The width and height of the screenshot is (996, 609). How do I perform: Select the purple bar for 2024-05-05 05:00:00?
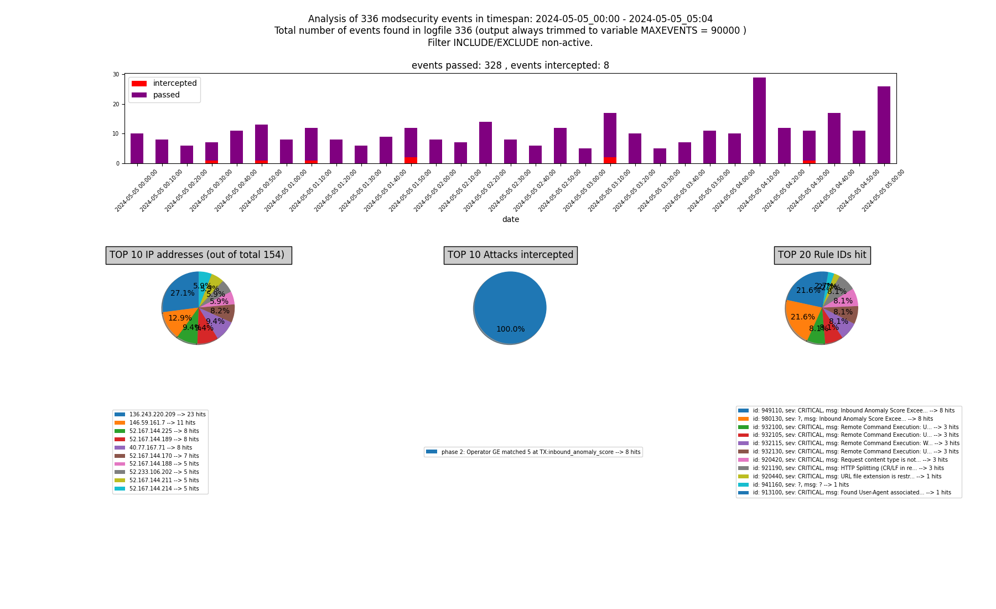click(884, 125)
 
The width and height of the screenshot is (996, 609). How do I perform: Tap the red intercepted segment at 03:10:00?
click(610, 160)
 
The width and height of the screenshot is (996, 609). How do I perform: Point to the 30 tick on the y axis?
click(116, 74)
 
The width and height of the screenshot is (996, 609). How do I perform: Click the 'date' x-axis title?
click(510, 220)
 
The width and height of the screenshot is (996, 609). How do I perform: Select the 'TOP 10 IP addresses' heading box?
click(199, 255)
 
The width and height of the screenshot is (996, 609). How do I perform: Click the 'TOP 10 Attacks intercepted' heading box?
click(510, 255)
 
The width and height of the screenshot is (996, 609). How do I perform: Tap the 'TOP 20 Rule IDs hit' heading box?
click(822, 255)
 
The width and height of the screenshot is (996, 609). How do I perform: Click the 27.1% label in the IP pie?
click(182, 293)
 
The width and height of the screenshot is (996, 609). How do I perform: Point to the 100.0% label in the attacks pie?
click(510, 329)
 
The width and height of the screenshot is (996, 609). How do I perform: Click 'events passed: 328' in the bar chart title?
click(456, 65)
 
